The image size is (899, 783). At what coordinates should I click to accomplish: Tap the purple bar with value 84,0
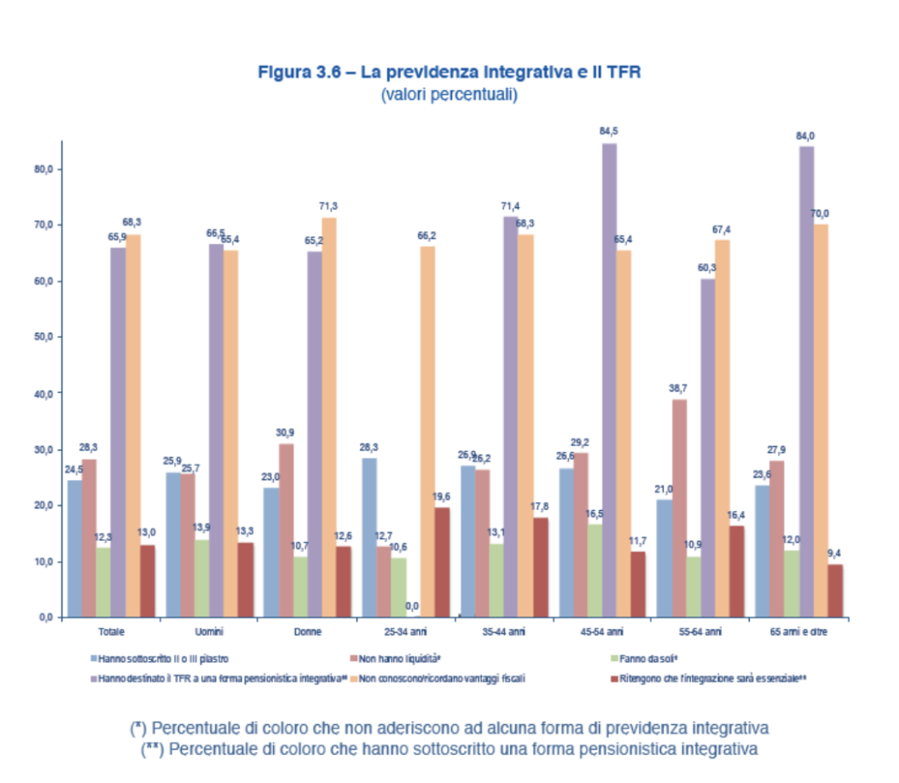806,381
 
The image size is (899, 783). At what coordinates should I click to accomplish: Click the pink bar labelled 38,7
680,508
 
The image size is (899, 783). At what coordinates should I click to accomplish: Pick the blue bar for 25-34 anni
369,537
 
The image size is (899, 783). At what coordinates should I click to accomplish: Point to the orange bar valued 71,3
329,417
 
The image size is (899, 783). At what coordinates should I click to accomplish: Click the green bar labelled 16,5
593,571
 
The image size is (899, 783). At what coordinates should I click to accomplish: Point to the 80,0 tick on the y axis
43,169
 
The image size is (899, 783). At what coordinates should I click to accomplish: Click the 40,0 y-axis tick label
43,393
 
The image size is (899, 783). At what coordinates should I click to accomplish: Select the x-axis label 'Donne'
307,632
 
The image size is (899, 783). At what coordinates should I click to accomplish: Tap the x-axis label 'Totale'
110,632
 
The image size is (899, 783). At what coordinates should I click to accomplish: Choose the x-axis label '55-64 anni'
700,632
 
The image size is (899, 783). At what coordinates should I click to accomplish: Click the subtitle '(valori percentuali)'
449,94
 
